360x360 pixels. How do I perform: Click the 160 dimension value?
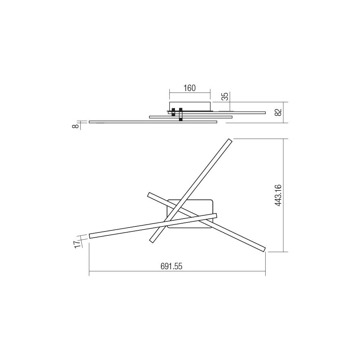pos(189,88)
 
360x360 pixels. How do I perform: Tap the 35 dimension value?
pos(225,96)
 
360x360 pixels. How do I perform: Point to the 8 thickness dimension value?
pos(75,126)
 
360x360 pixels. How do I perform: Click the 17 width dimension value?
pos(76,244)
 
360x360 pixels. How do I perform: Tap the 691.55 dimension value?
pos(172,266)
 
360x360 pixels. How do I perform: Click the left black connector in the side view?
pos(174,112)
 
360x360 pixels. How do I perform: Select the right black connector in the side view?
pos(181,114)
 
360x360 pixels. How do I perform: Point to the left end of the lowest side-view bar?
pos(90,122)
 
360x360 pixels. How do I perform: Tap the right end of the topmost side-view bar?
pos(264,113)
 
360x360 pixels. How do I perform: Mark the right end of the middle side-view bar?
pos(231,117)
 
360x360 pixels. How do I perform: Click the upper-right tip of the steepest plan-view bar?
pos(230,141)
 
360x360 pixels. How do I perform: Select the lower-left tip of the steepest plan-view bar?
pos(151,240)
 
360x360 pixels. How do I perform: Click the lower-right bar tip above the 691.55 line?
pos(264,249)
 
